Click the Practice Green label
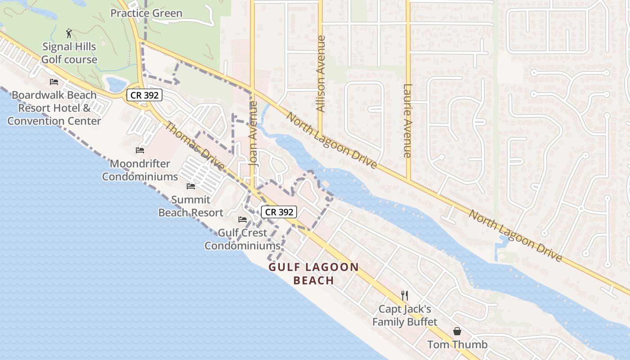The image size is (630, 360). (x=146, y=13)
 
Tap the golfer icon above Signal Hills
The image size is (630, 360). (x=69, y=33)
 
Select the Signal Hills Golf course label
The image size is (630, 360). (x=69, y=53)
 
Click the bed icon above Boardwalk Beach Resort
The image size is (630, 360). (x=54, y=82)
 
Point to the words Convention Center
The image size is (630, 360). (x=54, y=121)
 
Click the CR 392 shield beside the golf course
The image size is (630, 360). (x=144, y=95)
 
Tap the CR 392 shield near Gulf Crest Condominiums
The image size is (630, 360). (x=279, y=212)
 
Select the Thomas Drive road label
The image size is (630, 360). (x=194, y=146)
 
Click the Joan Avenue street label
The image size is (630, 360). (x=254, y=134)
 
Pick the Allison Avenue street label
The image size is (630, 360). (x=320, y=74)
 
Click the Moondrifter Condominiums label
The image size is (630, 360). (x=140, y=170)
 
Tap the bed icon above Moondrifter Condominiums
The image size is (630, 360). (x=140, y=150)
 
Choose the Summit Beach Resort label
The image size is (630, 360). (x=191, y=206)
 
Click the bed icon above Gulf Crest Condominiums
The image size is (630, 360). (x=243, y=220)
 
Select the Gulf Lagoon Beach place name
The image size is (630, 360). (x=314, y=274)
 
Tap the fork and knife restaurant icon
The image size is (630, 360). (x=405, y=296)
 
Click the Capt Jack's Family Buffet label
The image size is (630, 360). (x=405, y=315)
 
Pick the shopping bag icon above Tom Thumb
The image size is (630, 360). (x=457, y=332)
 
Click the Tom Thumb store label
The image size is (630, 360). (x=457, y=345)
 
